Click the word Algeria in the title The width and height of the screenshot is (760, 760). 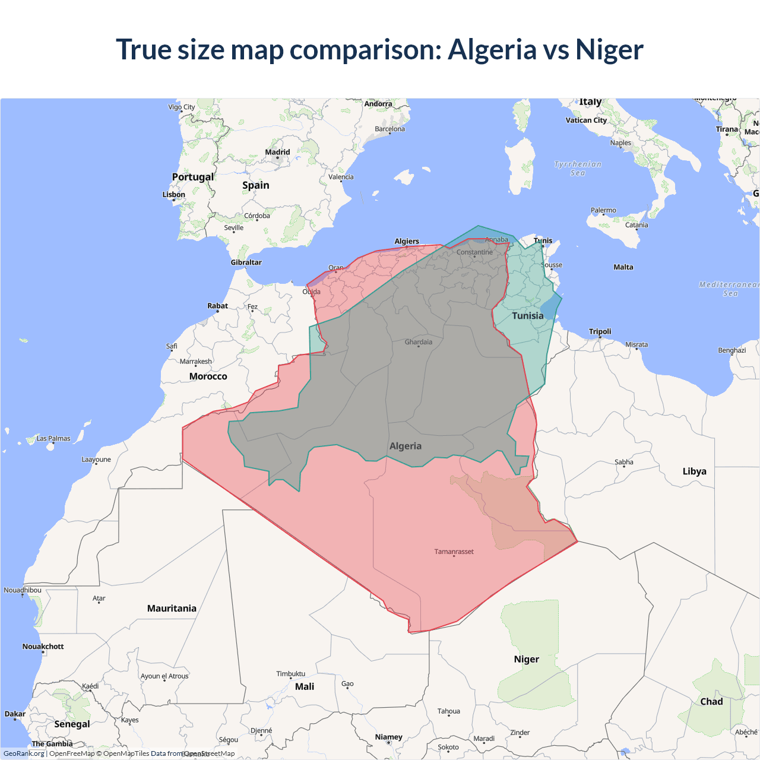[x=492, y=50]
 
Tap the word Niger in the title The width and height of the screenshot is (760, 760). [x=609, y=50]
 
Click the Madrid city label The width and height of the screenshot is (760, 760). [x=277, y=152]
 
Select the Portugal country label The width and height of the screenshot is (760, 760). [x=192, y=177]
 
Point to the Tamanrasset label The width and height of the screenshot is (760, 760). [x=454, y=552]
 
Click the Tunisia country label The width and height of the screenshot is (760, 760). [x=527, y=316]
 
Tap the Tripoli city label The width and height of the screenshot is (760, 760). [x=600, y=331]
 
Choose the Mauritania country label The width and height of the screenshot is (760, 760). [x=172, y=609]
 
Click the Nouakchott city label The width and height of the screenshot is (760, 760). [x=43, y=647]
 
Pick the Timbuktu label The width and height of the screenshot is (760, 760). [x=290, y=674]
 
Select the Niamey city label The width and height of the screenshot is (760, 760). [x=388, y=737]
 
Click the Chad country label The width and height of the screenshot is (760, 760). [x=711, y=702]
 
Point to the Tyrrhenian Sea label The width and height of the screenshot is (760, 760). [x=578, y=169]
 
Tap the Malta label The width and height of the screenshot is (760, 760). [x=623, y=267]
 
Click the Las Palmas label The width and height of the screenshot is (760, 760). [x=53, y=439]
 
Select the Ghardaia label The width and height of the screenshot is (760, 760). [x=418, y=342]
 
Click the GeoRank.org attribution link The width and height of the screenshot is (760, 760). [x=24, y=753]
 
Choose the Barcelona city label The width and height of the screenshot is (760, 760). [x=389, y=129]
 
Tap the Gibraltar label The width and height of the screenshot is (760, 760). [x=246, y=262]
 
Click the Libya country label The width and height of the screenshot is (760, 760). [x=694, y=471]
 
